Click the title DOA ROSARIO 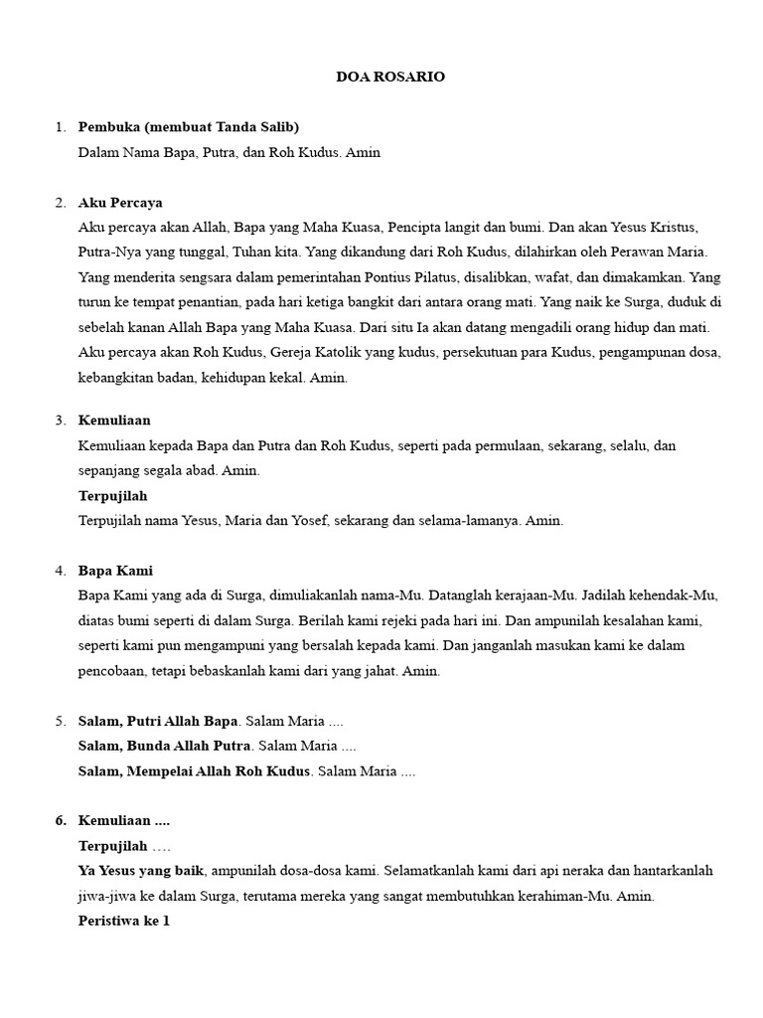(390, 77)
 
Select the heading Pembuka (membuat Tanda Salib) (189, 127)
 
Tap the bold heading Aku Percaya (120, 203)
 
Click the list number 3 (60, 421)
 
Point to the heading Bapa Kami (115, 571)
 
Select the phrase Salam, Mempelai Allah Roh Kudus (195, 770)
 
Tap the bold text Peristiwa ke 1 (124, 921)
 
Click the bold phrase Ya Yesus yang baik (141, 871)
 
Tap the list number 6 (60, 820)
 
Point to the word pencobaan (114, 671)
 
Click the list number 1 (60, 127)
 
